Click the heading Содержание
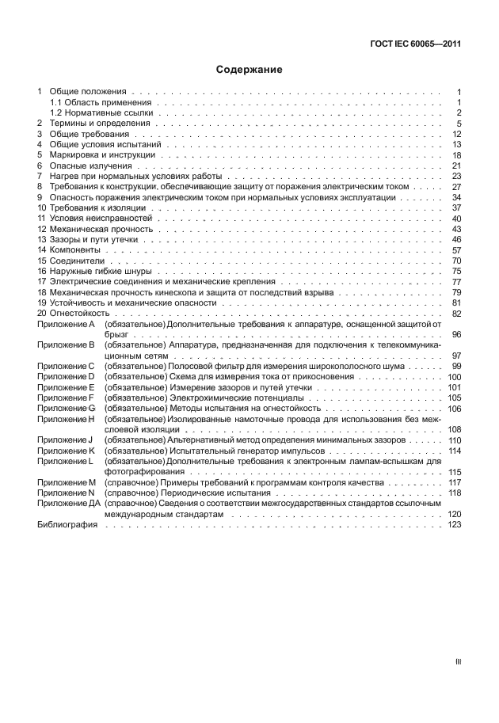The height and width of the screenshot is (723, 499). point(249,70)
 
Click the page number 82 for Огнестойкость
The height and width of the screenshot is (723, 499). point(456,314)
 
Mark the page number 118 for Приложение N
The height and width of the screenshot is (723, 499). point(454,493)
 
